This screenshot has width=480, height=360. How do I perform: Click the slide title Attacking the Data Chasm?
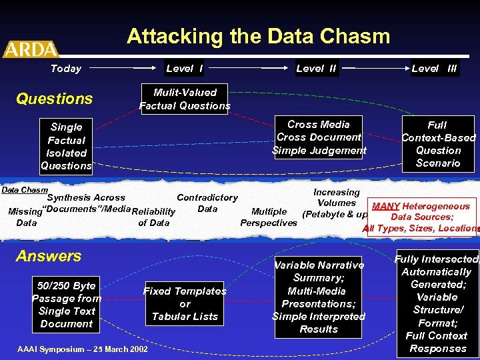pyautogui.click(x=258, y=36)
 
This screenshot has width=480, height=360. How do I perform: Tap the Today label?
pyautogui.click(x=66, y=68)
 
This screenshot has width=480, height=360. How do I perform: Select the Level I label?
pyautogui.click(x=185, y=68)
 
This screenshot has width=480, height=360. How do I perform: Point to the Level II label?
pyautogui.click(x=316, y=68)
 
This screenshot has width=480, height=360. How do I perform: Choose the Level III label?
pyautogui.click(x=434, y=68)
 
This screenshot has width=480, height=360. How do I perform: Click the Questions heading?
pyautogui.click(x=54, y=99)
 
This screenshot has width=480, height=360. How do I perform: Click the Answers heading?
pyautogui.click(x=49, y=256)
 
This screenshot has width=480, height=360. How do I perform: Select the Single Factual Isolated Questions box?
pyautogui.click(x=67, y=146)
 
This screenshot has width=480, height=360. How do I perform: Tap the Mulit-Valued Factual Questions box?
pyautogui.click(x=185, y=99)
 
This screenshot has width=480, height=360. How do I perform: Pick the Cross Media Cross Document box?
pyautogui.click(x=319, y=137)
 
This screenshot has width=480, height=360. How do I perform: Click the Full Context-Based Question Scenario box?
pyautogui.click(x=438, y=143)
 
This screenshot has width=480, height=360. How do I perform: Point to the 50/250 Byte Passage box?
pyautogui.click(x=66, y=305)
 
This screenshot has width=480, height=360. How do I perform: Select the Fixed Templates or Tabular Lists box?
pyautogui.click(x=185, y=303)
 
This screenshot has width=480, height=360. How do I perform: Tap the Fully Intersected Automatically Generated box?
pyautogui.click(x=437, y=303)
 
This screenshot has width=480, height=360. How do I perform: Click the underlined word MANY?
pyautogui.click(x=385, y=206)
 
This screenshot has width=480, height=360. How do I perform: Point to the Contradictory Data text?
pyautogui.click(x=207, y=203)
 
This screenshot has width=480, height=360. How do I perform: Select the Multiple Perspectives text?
pyautogui.click(x=269, y=217)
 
